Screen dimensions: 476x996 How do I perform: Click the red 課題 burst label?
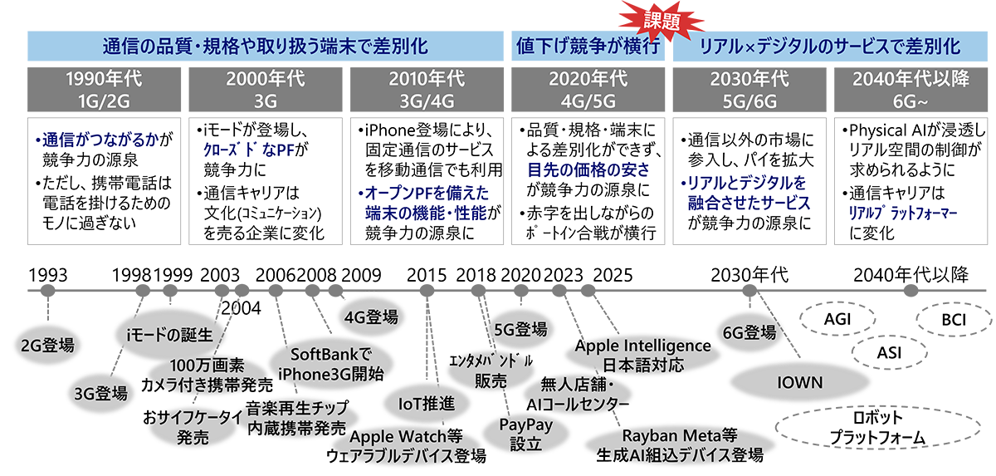[x=657, y=17]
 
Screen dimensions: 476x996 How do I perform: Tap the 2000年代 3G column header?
[x=266, y=90]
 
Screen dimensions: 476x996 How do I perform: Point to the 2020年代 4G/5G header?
[x=588, y=90]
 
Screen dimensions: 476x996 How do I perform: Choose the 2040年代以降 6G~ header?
[x=911, y=90]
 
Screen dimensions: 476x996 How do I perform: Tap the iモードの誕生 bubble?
[x=169, y=334]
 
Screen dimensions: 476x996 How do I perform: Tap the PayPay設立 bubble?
[x=520, y=434]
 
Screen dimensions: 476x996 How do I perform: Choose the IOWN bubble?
[x=799, y=383]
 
